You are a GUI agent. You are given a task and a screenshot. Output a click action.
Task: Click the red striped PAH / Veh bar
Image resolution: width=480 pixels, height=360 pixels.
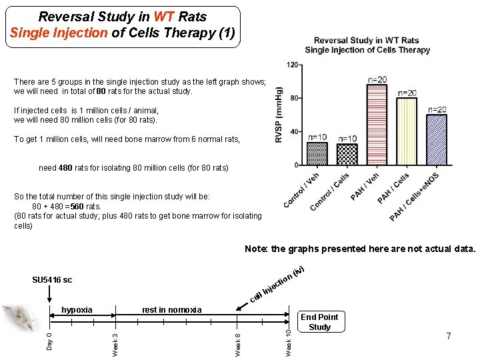377,125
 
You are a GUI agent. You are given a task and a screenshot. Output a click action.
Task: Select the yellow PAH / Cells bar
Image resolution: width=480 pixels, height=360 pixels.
407,131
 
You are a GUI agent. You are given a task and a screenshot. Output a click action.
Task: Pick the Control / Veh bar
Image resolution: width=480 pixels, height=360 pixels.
317,154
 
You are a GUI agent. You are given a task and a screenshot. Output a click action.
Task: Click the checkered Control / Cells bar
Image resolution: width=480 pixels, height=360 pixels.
347,155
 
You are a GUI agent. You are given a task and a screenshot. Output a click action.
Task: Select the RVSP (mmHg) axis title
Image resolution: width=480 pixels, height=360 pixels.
279,115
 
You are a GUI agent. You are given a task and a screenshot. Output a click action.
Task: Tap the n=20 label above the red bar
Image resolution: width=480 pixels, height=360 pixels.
377,79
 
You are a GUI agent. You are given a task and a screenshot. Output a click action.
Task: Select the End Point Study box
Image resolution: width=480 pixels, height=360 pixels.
319,322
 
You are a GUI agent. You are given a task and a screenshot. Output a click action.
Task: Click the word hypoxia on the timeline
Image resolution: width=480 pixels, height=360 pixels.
77,309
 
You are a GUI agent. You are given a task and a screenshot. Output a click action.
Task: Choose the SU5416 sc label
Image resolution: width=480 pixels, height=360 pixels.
52,280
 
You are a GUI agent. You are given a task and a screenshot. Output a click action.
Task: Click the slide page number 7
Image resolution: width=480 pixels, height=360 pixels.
449,336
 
